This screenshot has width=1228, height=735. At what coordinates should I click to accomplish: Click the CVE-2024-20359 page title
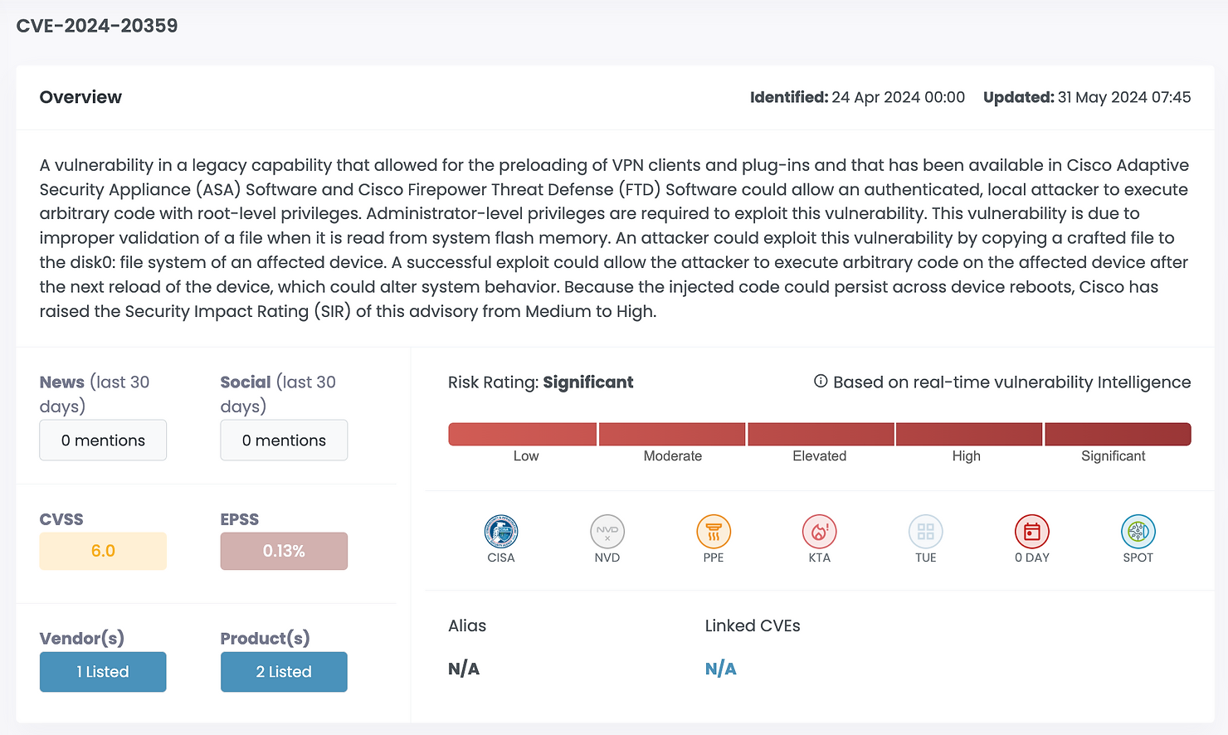point(97,26)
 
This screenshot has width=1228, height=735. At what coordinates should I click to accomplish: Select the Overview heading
point(80,97)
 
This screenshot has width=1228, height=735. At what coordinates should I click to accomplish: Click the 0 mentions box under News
point(103,441)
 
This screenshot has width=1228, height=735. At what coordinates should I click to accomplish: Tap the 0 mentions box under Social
point(284,441)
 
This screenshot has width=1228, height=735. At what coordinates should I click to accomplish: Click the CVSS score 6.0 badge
point(103,551)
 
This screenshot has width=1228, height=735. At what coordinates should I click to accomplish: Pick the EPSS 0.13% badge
point(284,551)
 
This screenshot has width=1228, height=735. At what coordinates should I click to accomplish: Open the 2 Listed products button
point(284,672)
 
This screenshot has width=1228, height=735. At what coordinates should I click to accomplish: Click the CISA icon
point(501,532)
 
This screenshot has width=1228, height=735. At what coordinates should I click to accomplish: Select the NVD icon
point(607,532)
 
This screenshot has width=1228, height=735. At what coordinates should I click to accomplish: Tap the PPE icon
point(714,532)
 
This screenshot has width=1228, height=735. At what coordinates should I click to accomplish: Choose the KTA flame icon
point(820,532)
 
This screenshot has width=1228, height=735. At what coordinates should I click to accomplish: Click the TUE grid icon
point(926,532)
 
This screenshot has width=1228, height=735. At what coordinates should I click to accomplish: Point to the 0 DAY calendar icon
point(1032,532)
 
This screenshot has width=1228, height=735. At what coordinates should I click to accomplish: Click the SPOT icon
point(1138,532)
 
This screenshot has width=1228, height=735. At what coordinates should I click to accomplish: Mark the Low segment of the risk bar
point(523,434)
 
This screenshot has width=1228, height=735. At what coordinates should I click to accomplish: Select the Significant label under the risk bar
point(1113,456)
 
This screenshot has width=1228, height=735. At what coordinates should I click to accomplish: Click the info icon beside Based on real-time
point(821,382)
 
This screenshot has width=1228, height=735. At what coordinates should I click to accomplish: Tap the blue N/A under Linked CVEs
point(720,669)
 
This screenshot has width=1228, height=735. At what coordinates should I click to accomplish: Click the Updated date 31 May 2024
point(1124,97)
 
